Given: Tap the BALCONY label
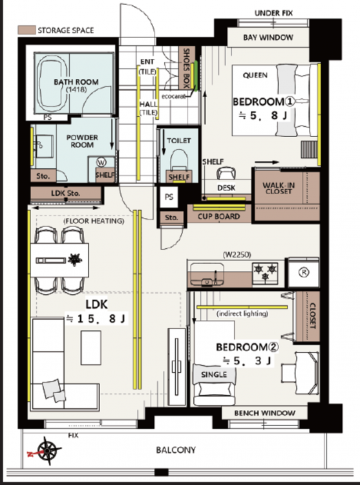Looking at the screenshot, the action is pyautogui.click(x=176, y=449).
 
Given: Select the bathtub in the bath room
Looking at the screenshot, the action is pyautogui.click(x=52, y=83).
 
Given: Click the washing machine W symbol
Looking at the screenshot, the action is pyautogui.click(x=101, y=162).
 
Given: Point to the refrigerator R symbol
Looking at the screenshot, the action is pyautogui.click(x=304, y=272).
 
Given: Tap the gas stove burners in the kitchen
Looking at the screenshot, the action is pyautogui.click(x=265, y=272).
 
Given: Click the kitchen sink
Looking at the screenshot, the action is pyautogui.click(x=207, y=274).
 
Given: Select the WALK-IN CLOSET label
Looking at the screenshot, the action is pyautogui.click(x=279, y=188).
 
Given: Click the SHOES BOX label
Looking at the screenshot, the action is pyautogui.click(x=187, y=68).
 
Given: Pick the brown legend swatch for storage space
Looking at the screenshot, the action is pyautogui.click(x=26, y=30).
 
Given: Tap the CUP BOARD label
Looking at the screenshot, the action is pyautogui.click(x=219, y=216).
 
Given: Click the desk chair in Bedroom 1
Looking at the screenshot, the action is pyautogui.click(x=226, y=173).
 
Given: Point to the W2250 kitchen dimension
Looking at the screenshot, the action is pyautogui.click(x=237, y=255).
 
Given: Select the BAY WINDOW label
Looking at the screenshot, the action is pyautogui.click(x=268, y=38).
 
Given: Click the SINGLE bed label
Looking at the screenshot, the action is pyautogui.click(x=214, y=374).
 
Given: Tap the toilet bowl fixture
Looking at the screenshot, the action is pyautogui.click(x=179, y=160).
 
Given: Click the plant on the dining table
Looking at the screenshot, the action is pyautogui.click(x=75, y=259).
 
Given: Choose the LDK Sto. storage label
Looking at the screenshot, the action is pyautogui.click(x=65, y=193).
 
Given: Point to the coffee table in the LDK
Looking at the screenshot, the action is pyautogui.click(x=91, y=348).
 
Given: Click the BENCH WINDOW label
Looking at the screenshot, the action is pyautogui.click(x=265, y=413).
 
